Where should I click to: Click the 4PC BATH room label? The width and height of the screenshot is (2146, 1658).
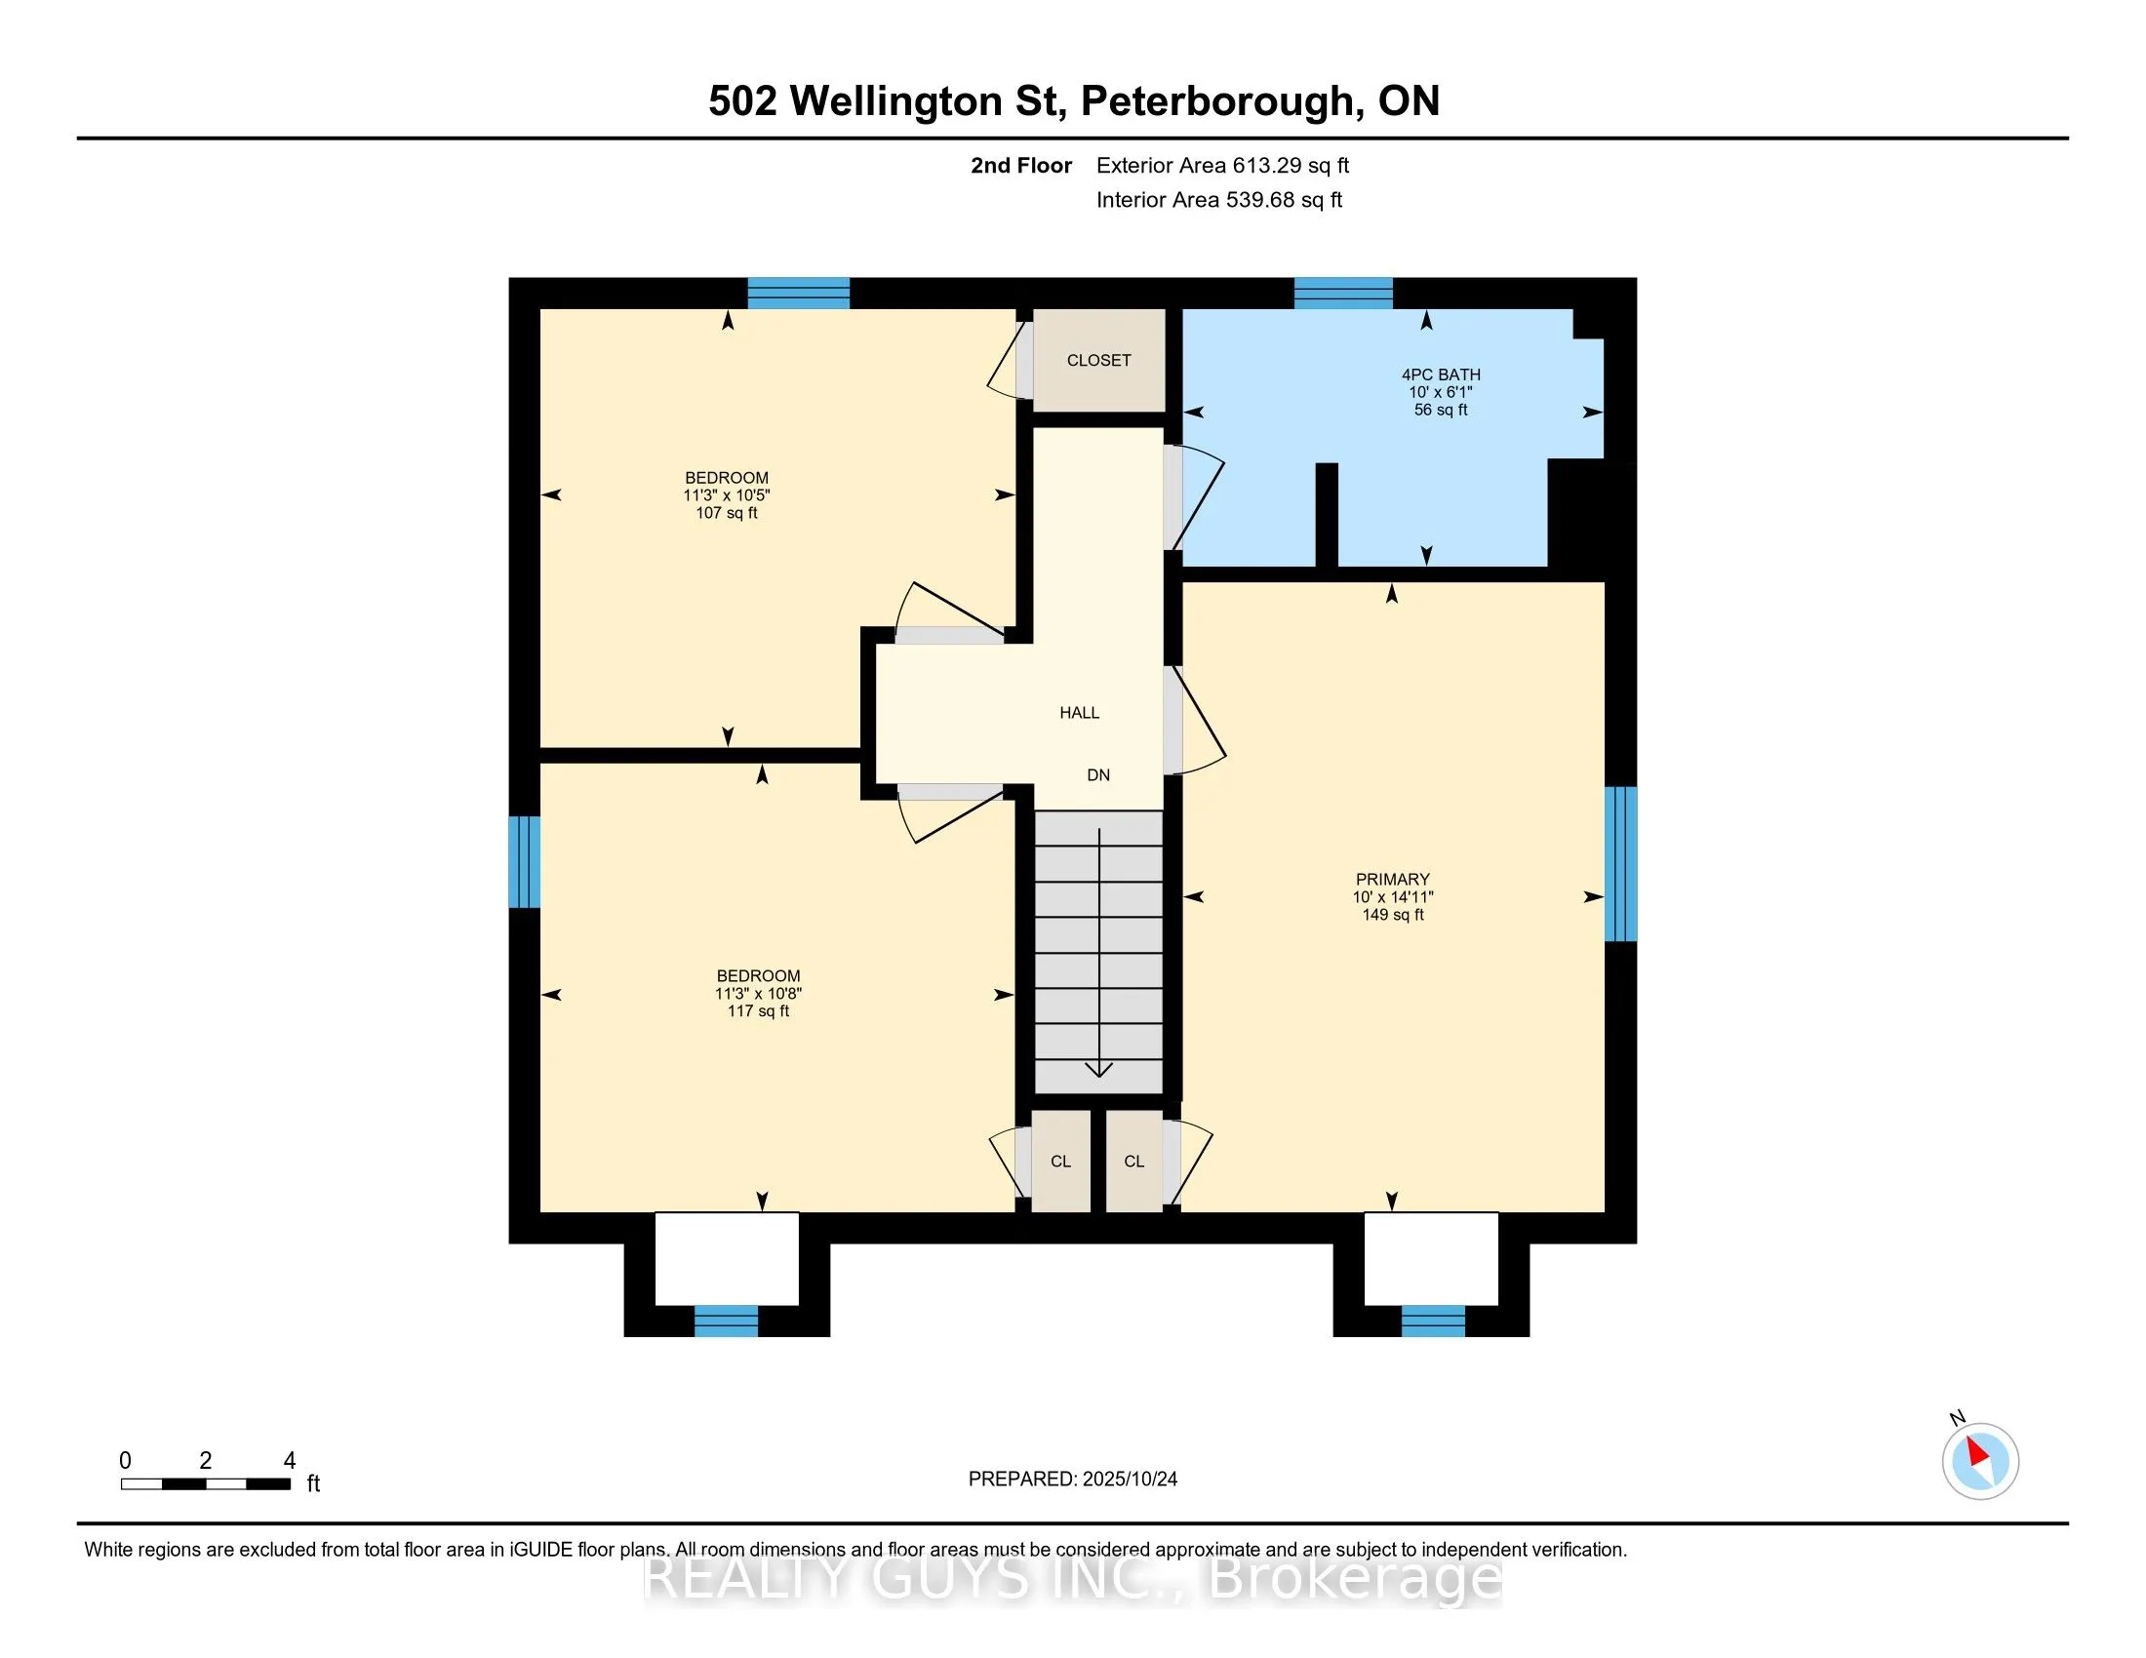coord(1441,375)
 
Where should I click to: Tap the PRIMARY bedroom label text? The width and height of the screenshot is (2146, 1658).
coord(1392,879)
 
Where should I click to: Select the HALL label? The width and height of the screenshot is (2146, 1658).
coord(1079,713)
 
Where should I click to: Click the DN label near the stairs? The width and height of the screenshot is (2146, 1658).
coord(1098,775)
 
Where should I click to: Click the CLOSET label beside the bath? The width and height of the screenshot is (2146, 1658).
coord(1098,361)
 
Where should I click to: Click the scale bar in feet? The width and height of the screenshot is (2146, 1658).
coord(206,1483)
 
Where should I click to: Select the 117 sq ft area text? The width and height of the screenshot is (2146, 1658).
coord(758,1010)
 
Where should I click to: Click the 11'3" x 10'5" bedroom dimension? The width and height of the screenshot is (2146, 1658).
coord(726,495)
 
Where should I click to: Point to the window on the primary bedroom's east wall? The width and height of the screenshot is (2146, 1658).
coord(1620,863)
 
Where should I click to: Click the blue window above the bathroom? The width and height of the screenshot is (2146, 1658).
coord(1343,293)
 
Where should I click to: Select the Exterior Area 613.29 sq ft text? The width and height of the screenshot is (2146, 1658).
coord(1222,166)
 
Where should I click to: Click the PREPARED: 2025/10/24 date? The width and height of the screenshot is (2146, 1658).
coord(1072,1480)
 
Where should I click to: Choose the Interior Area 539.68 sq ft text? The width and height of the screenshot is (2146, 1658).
coord(1218,200)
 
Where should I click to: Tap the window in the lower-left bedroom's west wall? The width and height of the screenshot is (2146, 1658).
coord(525,861)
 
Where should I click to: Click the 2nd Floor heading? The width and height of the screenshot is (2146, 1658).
coord(1020,166)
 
